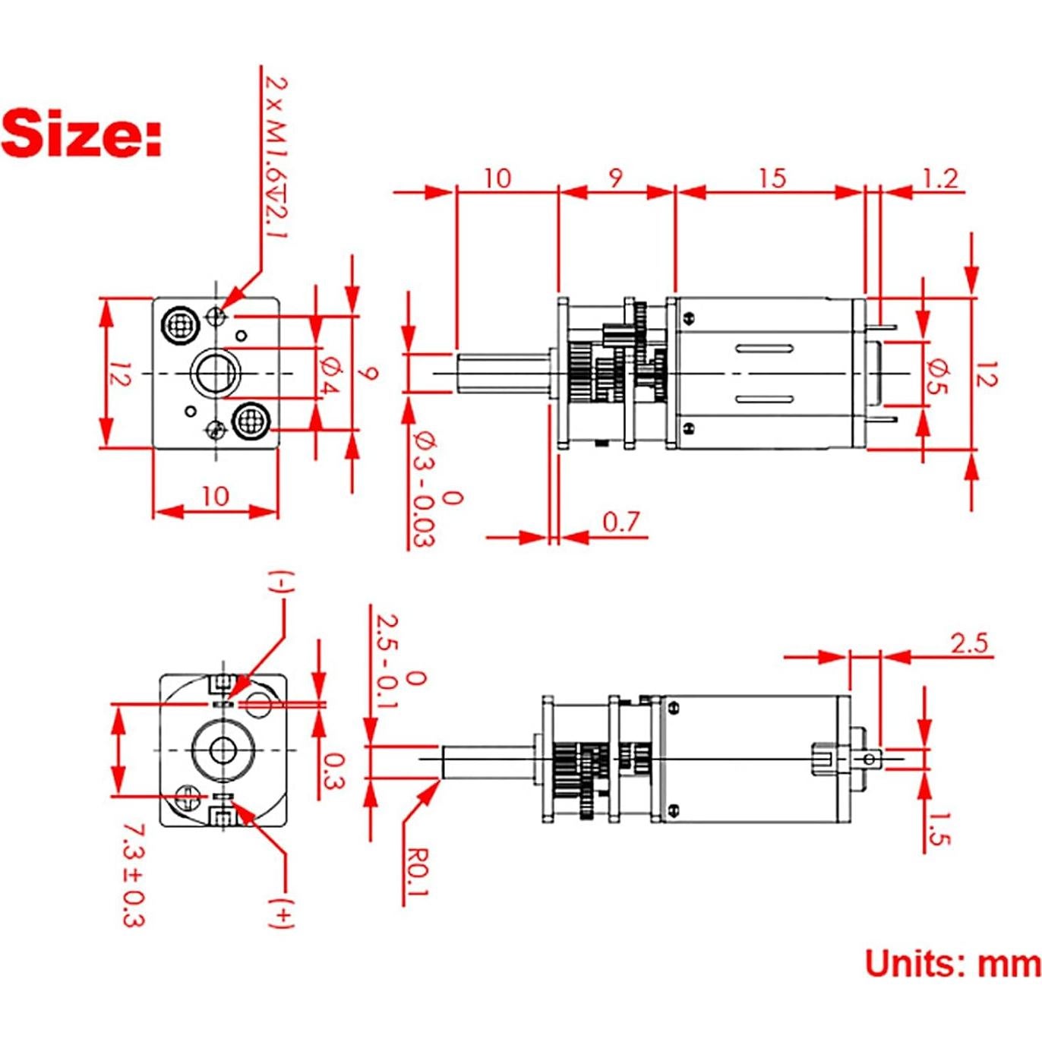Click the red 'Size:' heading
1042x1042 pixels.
click(82, 134)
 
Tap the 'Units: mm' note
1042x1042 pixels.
click(952, 964)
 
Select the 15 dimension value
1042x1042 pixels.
click(772, 178)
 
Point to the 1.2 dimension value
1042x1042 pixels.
click(940, 178)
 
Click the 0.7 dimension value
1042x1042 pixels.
click(620, 522)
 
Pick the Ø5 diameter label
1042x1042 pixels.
click(939, 375)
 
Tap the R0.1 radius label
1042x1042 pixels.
click(417, 873)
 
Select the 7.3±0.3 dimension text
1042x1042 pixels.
click(133, 874)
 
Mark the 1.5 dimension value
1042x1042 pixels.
click(939, 829)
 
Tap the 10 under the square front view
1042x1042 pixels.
click(215, 496)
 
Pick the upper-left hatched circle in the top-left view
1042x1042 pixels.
click(180, 325)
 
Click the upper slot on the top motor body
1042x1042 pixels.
click(763, 349)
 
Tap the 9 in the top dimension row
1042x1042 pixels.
click(616, 178)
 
